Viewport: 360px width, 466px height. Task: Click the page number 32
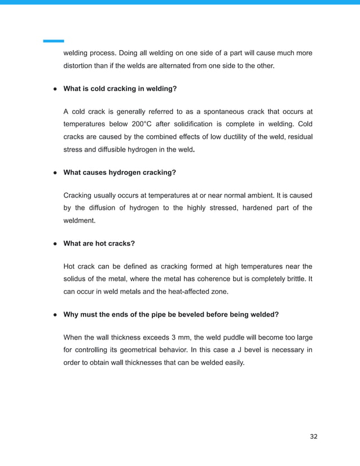click(314, 437)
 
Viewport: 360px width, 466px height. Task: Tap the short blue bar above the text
click(54, 41)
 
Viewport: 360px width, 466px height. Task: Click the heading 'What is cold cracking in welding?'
click(120, 88)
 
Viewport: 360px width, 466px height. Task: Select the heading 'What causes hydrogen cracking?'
click(120, 172)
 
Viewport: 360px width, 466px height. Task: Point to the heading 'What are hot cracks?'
click(99, 244)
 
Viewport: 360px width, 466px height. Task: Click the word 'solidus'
click(75, 279)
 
